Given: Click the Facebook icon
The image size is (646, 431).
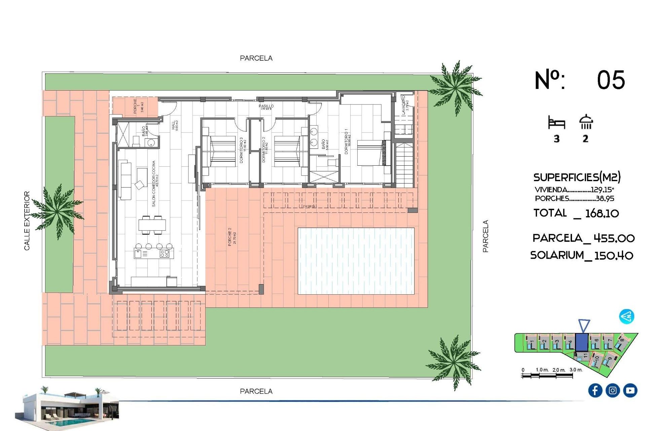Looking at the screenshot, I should (595, 390).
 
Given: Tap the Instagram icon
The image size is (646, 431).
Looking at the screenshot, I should (613, 390).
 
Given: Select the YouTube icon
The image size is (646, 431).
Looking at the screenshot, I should (630, 390).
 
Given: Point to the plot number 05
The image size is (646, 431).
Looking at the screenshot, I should (611, 80).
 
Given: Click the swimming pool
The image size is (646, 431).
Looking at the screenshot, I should (356, 261).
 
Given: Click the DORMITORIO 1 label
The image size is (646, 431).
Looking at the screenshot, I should (347, 141).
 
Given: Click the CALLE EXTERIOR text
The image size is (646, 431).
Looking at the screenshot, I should (27, 221).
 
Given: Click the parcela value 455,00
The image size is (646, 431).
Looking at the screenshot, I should (614, 238).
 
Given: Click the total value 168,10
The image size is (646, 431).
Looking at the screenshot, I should (602, 213).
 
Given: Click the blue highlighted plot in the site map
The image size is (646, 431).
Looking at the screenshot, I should (581, 342).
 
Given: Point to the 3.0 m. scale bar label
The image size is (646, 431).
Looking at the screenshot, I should (576, 370).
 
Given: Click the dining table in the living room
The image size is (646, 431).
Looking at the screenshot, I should (152, 225).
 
